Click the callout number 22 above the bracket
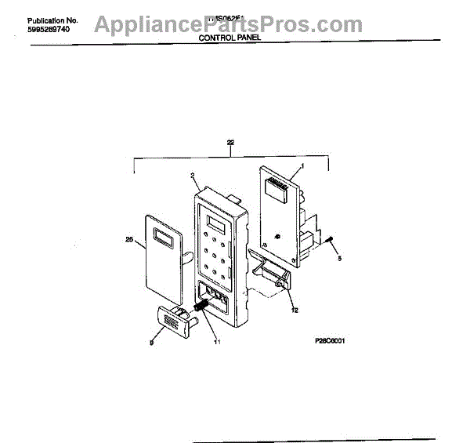[230, 143]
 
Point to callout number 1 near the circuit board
[302, 168]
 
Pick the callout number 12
[295, 310]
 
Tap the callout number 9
[152, 341]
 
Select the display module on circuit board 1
[276, 186]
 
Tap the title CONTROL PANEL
[230, 37]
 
